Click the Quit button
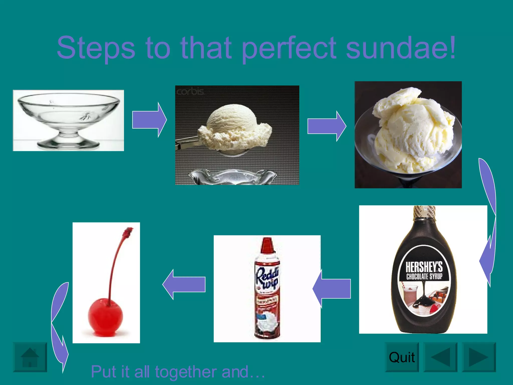point(402,357)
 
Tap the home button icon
point(30,357)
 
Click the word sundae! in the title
point(401,48)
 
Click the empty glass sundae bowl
point(68,120)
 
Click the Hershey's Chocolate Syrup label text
point(424,271)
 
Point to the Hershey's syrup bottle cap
point(424,212)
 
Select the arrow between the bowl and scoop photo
point(149,120)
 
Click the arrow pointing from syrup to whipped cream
point(332,288)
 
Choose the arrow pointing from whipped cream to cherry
point(184,284)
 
